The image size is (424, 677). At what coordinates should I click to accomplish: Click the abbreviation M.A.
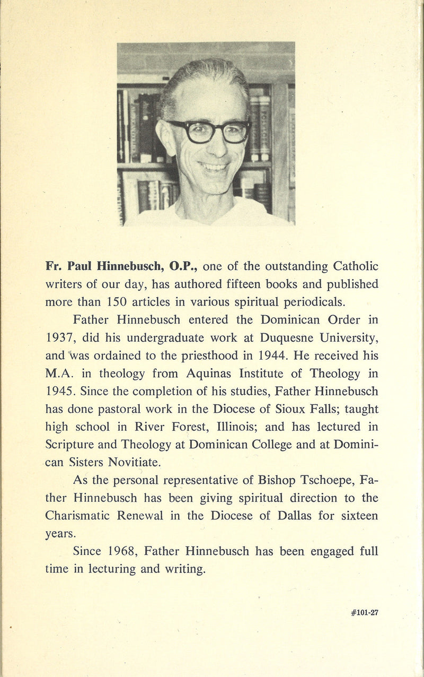point(61,373)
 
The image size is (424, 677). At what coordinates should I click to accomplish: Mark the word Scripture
point(74,444)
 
